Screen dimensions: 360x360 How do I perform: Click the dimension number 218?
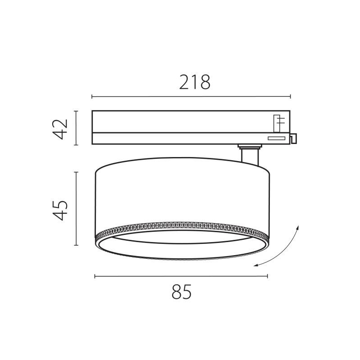pyautogui.click(x=195, y=82)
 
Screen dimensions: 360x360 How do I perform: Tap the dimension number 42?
pyautogui.click(x=60, y=129)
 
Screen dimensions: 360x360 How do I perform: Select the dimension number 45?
pyautogui.click(x=60, y=209)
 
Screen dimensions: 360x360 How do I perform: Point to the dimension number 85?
pyautogui.click(x=182, y=293)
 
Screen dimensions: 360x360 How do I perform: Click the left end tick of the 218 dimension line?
pyautogui.click(x=92, y=96)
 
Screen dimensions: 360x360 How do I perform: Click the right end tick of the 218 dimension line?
pyautogui.click(x=290, y=96)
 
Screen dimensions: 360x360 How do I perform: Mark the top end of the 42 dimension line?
pyautogui.click(x=76, y=111)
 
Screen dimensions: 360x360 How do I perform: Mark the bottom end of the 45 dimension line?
pyautogui.click(x=76, y=245)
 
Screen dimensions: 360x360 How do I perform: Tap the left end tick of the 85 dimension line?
pyautogui.click(x=95, y=276)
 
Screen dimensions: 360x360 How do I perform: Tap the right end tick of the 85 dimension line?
pyautogui.click(x=268, y=276)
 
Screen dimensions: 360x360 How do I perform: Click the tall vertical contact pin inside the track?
pyautogui.click(x=279, y=122)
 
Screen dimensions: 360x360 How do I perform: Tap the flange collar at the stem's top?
pyautogui.click(x=250, y=146)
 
